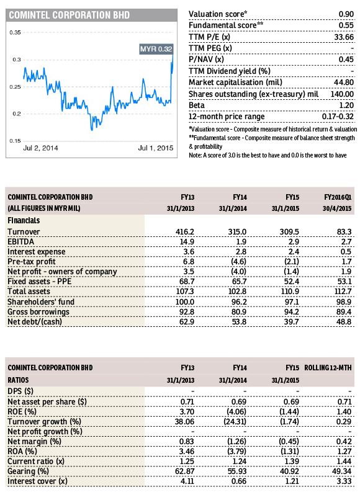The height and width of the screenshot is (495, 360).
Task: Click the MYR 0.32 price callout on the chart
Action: click(x=156, y=49)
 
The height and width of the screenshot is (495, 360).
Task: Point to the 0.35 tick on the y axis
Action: click(x=15, y=32)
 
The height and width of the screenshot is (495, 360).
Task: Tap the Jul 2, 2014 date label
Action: click(x=40, y=148)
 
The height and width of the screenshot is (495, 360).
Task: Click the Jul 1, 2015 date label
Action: click(x=156, y=148)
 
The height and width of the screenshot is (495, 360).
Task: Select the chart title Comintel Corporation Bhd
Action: click(x=69, y=15)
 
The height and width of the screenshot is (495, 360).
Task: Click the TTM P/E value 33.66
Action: click(x=344, y=37)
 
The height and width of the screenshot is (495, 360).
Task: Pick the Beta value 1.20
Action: click(x=346, y=105)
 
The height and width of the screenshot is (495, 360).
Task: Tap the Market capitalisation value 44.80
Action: click(x=344, y=82)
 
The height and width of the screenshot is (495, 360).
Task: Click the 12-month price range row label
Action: click(x=227, y=117)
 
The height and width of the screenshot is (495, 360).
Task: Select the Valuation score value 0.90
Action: click(x=346, y=14)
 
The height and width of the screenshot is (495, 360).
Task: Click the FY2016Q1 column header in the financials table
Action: click(x=338, y=197)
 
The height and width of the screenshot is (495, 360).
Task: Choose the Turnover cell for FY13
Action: click(x=185, y=232)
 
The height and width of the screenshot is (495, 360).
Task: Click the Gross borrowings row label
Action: click(x=38, y=312)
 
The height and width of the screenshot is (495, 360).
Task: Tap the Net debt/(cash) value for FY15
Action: click(x=292, y=322)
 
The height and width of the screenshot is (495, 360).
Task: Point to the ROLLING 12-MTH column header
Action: click(x=328, y=368)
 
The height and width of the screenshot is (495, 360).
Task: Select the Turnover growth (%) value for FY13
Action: click(x=184, y=422)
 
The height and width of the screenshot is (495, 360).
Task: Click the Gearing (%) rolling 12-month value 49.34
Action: click(x=341, y=471)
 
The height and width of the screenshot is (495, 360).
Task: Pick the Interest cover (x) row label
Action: click(x=38, y=481)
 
